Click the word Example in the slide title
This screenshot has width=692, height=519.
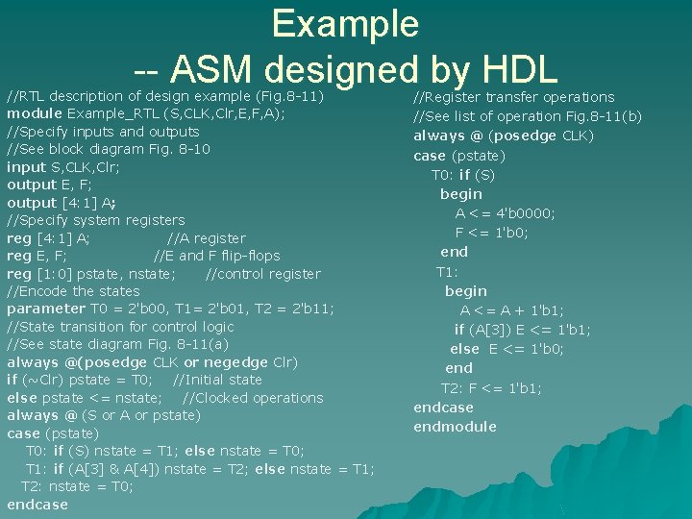345,23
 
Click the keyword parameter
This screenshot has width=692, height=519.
46,309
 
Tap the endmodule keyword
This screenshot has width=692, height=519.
455,427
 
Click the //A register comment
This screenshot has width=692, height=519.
207,238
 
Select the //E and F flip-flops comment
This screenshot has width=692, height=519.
217,256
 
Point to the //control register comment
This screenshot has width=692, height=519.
263,274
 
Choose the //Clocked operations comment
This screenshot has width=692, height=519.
253,398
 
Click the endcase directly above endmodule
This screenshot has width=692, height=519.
443,408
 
